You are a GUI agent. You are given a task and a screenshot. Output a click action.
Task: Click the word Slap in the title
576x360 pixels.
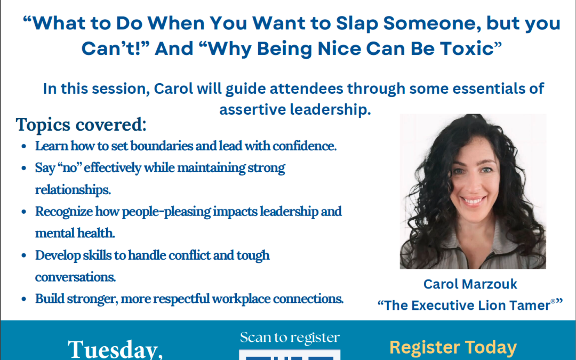(x=357, y=23)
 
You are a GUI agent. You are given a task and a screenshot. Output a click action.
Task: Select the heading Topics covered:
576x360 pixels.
(x=81, y=124)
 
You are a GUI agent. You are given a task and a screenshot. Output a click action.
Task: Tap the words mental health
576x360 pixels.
(x=75, y=233)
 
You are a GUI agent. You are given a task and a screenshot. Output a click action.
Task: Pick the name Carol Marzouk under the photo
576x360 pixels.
(x=470, y=284)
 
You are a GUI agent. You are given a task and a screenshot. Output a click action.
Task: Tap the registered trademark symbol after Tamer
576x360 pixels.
(x=553, y=301)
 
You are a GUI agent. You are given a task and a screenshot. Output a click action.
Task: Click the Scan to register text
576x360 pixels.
(x=290, y=338)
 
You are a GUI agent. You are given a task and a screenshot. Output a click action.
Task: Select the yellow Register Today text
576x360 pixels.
(x=453, y=347)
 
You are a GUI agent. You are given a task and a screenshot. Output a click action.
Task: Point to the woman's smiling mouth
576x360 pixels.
(x=474, y=201)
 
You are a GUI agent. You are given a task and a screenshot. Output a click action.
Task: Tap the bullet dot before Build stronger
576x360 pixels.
(x=24, y=299)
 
